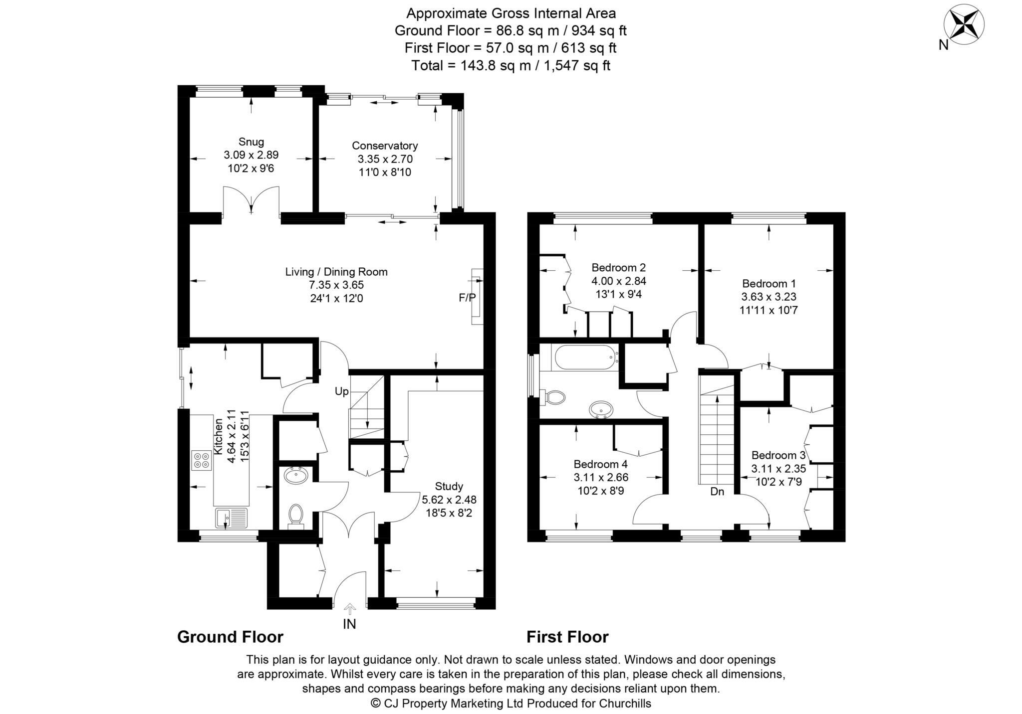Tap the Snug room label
(x=251, y=142)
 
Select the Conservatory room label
(x=385, y=146)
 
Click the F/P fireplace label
(x=467, y=298)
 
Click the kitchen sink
(x=232, y=518)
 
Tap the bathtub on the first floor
(x=585, y=357)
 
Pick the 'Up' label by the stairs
(x=342, y=391)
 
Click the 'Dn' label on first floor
(x=717, y=491)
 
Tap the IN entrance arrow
(x=350, y=609)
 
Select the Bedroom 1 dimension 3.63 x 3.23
(x=769, y=297)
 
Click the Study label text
(x=449, y=486)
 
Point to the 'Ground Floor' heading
(x=231, y=637)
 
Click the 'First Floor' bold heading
(x=568, y=637)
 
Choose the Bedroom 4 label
(x=601, y=464)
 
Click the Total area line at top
(x=511, y=65)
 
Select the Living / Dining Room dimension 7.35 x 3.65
(x=336, y=285)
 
